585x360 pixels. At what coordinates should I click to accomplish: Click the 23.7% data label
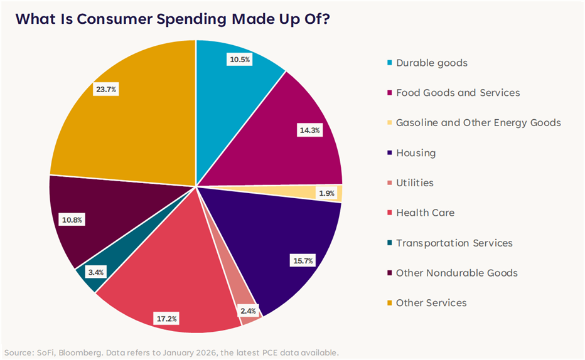coord(105,89)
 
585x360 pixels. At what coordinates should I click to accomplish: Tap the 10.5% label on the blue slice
coord(239,60)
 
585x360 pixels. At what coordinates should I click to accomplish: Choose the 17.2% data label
coord(166,319)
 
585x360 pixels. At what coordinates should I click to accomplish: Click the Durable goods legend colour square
coord(390,63)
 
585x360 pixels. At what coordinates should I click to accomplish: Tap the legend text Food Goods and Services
coord(458,93)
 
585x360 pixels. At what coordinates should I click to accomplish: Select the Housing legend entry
coord(416,153)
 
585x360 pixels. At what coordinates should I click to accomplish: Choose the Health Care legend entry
coord(425,213)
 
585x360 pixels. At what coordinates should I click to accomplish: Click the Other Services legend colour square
coord(390,303)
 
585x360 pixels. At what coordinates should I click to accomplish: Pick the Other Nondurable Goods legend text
coord(456,273)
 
